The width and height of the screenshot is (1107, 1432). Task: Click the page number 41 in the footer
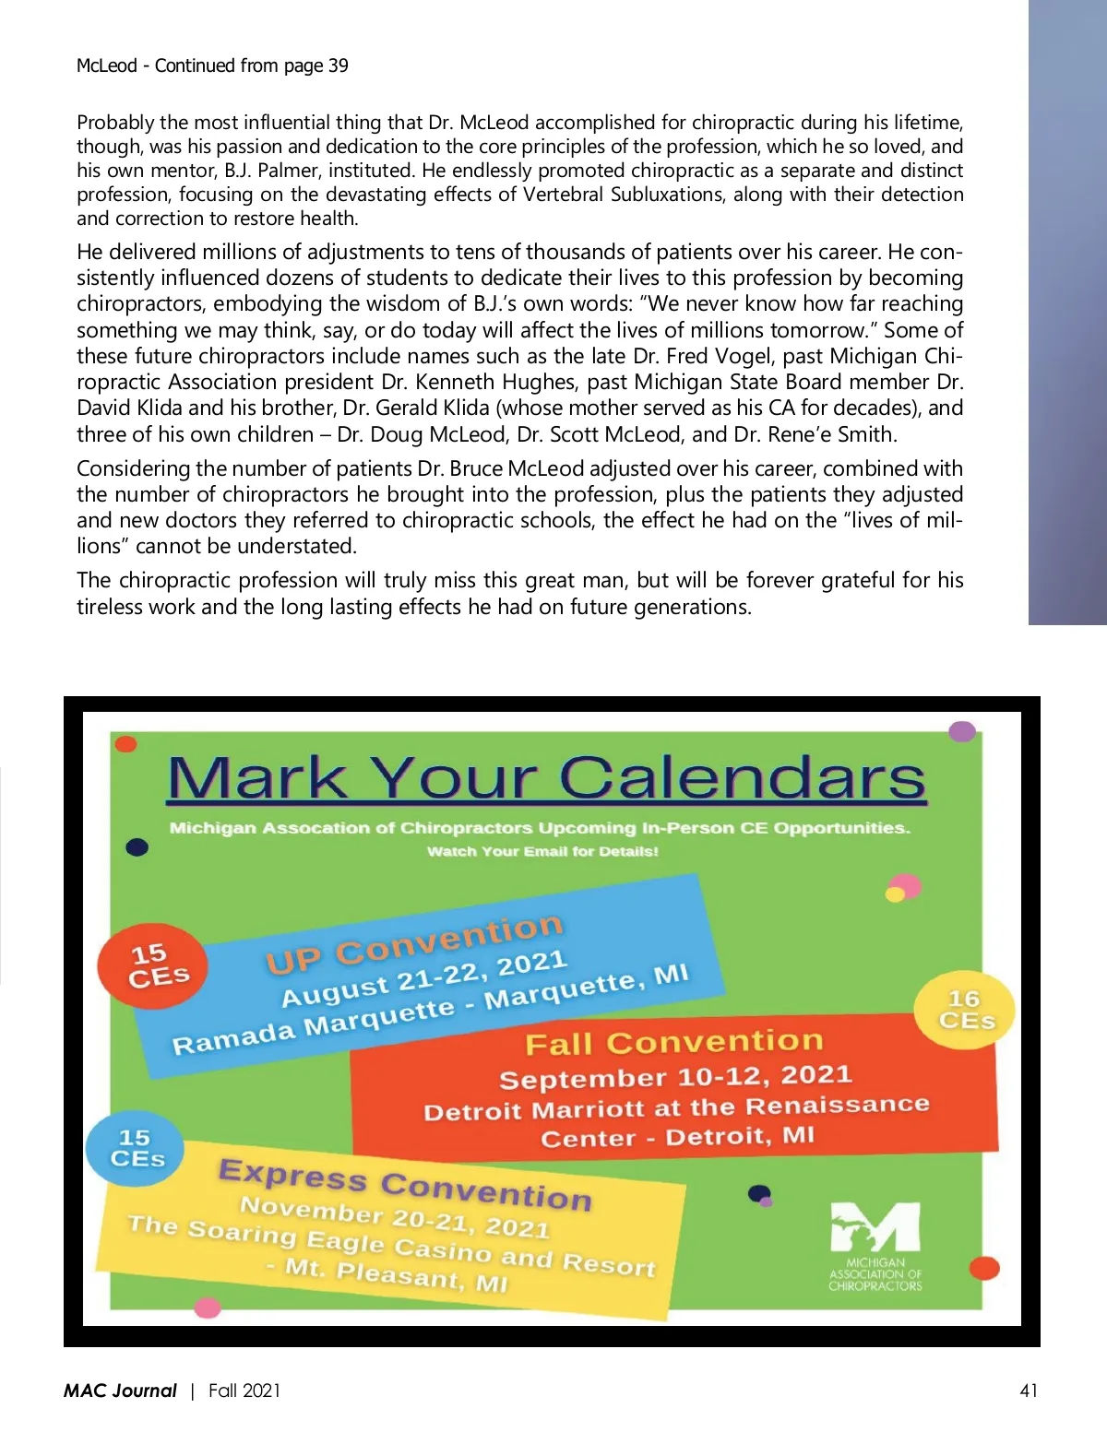point(1029,1391)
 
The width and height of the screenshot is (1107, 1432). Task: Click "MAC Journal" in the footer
point(120,1391)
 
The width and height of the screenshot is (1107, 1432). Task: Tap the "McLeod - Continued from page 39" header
point(212,65)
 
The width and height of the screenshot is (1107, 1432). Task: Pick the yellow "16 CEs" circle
point(965,1011)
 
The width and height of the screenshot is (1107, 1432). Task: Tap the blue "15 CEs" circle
point(136,1148)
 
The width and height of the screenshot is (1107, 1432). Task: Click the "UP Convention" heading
point(414,942)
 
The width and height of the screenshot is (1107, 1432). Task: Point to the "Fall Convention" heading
point(673,1042)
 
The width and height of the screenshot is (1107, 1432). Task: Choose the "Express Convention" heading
point(405,1184)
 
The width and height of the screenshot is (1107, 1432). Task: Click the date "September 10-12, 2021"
point(675,1076)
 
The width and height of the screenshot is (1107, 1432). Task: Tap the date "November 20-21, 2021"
point(395,1216)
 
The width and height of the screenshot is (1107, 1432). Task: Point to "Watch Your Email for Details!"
point(542,851)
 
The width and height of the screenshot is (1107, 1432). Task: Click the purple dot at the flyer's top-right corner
point(962,732)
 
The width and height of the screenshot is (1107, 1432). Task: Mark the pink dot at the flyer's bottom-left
point(208,1308)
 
